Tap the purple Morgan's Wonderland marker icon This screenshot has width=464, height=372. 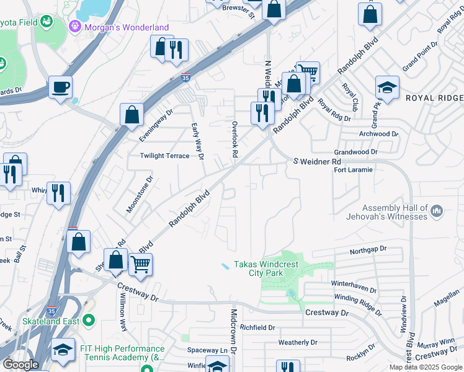(x=75, y=27)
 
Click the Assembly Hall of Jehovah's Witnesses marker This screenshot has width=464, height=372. (x=437, y=211)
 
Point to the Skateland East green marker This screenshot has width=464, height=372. (x=89, y=321)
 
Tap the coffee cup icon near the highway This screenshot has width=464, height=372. (x=60, y=87)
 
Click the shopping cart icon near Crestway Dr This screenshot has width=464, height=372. (x=141, y=265)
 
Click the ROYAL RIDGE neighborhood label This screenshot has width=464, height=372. (x=434, y=99)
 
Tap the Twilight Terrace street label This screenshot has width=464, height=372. (x=164, y=156)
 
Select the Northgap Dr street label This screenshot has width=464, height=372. (x=368, y=249)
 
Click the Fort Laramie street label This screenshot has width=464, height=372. (x=353, y=170)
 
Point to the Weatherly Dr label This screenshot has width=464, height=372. (x=298, y=342)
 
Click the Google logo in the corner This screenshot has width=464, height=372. (x=20, y=365)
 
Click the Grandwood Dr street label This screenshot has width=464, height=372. (x=355, y=152)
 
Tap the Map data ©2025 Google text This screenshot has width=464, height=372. (x=425, y=367)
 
